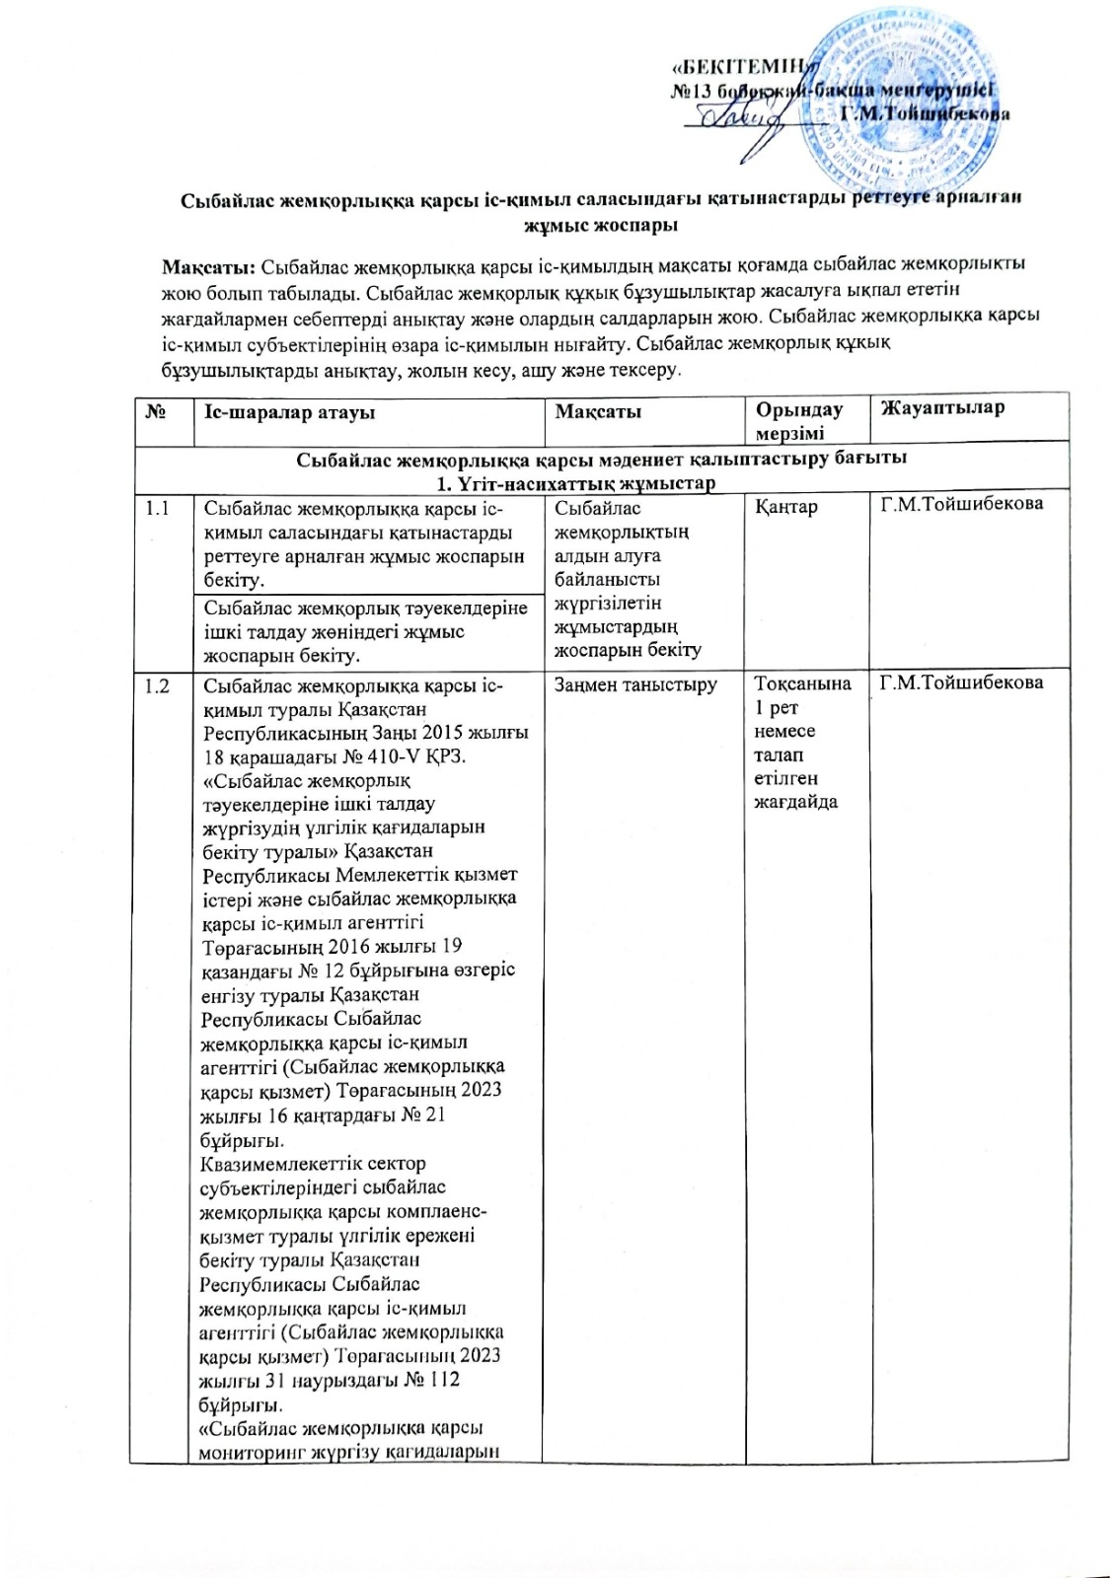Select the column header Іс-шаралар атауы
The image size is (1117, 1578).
coord(289,412)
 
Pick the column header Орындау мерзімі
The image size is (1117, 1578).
coord(799,421)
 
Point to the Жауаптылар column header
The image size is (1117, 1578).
coord(942,408)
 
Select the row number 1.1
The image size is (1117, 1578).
coord(157,509)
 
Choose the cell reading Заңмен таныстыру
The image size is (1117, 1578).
coord(635,684)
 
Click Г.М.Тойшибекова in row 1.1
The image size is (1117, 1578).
coord(961,505)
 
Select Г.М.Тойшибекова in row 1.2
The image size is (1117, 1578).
coord(961,681)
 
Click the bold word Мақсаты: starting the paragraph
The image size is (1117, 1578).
coord(209,266)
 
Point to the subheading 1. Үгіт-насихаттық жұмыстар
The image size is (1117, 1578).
coord(575,483)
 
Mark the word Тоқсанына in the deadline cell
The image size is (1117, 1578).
coord(802,684)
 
